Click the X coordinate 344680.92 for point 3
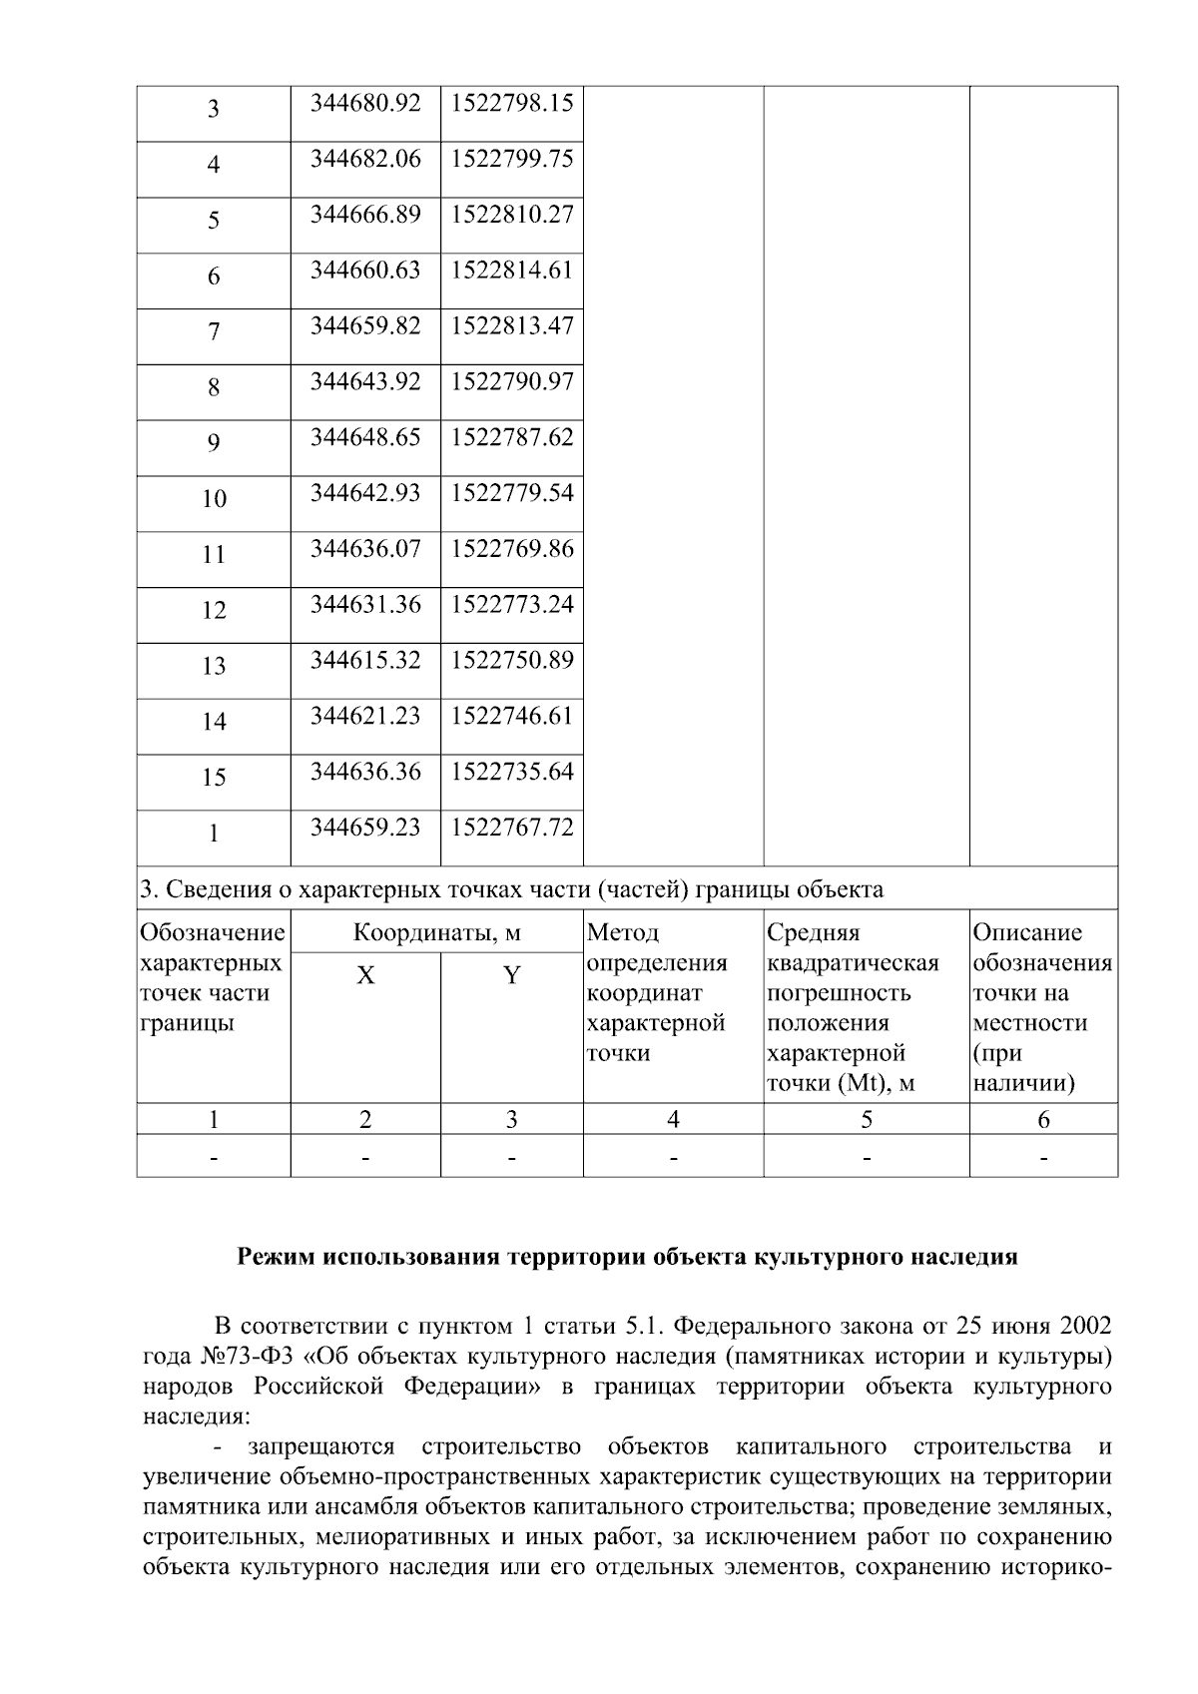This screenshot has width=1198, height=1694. [x=365, y=103]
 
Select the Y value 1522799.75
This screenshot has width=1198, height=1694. [x=512, y=159]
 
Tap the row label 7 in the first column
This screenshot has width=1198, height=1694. [x=214, y=332]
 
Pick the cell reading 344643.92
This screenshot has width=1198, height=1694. [x=365, y=382]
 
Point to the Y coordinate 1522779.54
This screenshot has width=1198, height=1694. [x=512, y=493]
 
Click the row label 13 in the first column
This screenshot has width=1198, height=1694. [x=214, y=667]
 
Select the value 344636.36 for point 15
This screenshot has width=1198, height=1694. [x=365, y=772]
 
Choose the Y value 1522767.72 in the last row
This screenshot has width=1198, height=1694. [x=512, y=828]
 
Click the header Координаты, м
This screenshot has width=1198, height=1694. [x=437, y=933]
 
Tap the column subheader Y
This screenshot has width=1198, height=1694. [x=511, y=976]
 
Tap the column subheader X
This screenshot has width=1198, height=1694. [x=365, y=976]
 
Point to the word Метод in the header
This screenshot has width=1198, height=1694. [x=623, y=933]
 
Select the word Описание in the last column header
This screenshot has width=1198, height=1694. [x=1027, y=933]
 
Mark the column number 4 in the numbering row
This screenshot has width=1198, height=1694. [x=673, y=1120]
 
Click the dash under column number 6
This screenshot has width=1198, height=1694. [x=1043, y=1159]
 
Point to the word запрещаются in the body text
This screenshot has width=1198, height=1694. [x=321, y=1446]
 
